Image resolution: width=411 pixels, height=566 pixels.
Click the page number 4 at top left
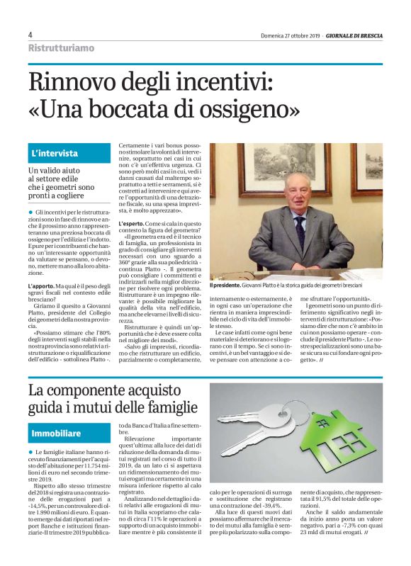(x=30, y=35)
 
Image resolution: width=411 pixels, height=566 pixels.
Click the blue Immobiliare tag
(x=57, y=432)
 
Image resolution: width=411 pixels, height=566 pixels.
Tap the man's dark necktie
(x=300, y=230)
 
